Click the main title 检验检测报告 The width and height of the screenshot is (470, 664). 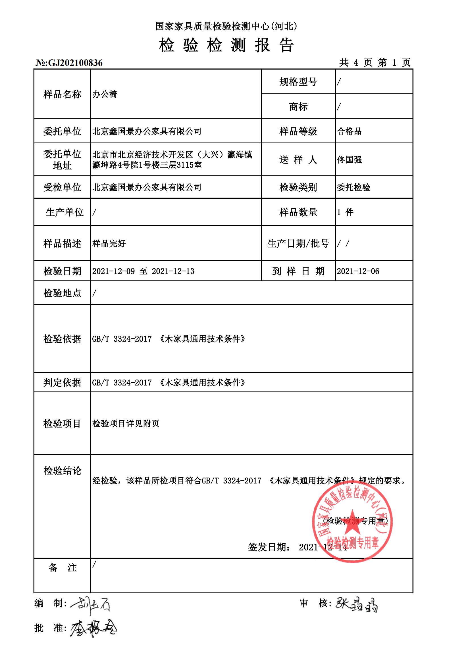point(226,45)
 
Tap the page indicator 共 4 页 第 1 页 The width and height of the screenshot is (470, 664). point(375,62)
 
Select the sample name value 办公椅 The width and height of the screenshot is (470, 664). point(105,94)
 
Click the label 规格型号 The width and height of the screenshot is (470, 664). point(298,82)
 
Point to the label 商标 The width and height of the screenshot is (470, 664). point(298,107)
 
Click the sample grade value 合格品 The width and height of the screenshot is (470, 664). point(349,131)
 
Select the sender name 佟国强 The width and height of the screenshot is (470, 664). point(349,160)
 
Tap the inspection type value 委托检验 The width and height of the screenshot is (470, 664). point(353,187)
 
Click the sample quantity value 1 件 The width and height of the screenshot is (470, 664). point(345,212)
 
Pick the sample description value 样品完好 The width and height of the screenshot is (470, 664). point(109,244)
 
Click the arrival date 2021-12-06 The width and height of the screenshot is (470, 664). point(358,271)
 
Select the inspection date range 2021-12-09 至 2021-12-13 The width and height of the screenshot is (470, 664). point(143,271)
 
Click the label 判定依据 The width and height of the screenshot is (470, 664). point(62,383)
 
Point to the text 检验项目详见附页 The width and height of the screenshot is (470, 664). point(126,424)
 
